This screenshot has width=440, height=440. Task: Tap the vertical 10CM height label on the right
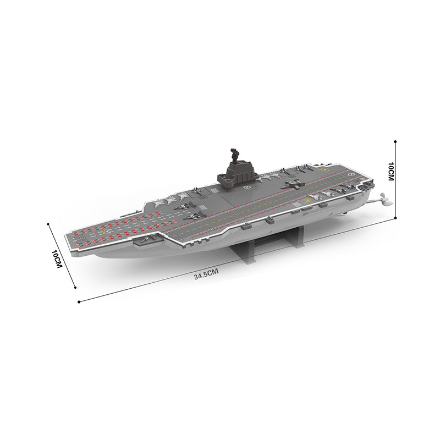pyautogui.click(x=391, y=172)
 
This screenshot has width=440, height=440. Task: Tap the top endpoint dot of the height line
pyautogui.click(x=395, y=140)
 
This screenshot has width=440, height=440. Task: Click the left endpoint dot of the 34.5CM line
pyautogui.click(x=79, y=301)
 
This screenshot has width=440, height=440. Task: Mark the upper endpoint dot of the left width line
pyautogui.click(x=49, y=224)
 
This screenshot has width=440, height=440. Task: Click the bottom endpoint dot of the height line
pyautogui.click(x=395, y=219)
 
